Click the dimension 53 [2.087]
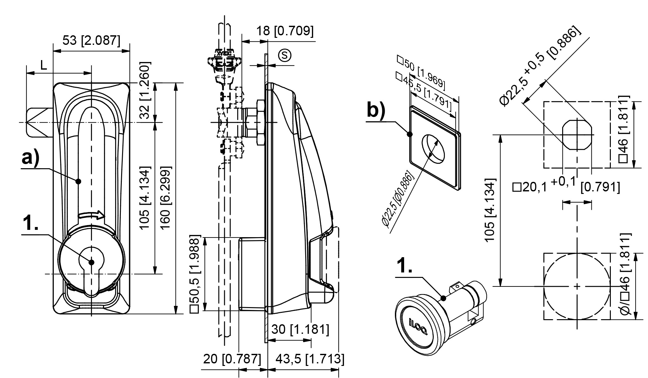[x=91, y=41]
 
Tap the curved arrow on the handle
[x=91, y=215]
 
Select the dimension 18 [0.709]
[x=285, y=31]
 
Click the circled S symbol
[x=285, y=55]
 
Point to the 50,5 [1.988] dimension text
[x=194, y=274]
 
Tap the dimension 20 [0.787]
[x=232, y=359]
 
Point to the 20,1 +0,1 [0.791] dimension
[x=566, y=187]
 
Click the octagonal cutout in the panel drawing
[x=577, y=134]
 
